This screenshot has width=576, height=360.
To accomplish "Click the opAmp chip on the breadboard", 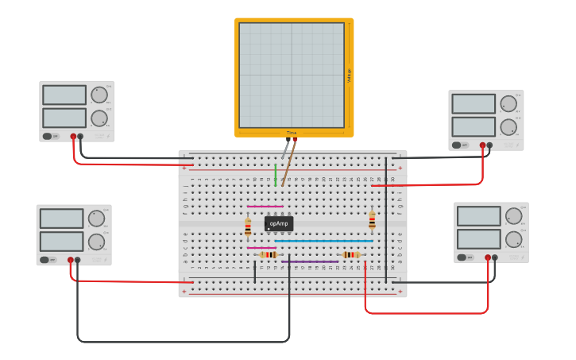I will (278, 223).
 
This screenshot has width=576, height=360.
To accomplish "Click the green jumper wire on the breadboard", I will (276, 175).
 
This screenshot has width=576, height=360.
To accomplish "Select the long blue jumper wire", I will (323, 240).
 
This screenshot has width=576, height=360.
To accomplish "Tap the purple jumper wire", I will (310, 261).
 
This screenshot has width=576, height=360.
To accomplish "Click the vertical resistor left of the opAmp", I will (248, 227).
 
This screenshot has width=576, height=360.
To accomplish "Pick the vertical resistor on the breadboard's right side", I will (372, 219).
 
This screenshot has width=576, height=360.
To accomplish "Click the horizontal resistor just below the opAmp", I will (269, 254).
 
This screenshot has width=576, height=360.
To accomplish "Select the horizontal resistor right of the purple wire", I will (350, 254).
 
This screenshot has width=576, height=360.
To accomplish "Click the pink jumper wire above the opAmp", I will (265, 206).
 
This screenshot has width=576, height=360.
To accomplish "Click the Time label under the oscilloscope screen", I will (292, 133).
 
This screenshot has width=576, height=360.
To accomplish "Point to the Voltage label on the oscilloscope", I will (349, 75).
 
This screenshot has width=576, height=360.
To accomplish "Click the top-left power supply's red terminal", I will (73, 137).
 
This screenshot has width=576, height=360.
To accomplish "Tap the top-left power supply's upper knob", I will (99, 95).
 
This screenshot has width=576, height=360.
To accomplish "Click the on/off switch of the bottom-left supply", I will (48, 260).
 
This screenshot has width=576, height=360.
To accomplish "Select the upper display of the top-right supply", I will (474, 104).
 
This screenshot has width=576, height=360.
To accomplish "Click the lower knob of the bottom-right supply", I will (513, 239).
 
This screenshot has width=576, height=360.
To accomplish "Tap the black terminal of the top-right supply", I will (489, 145).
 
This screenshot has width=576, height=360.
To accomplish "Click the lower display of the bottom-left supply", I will (61, 242).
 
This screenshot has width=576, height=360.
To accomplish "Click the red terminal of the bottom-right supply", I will (488, 257).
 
